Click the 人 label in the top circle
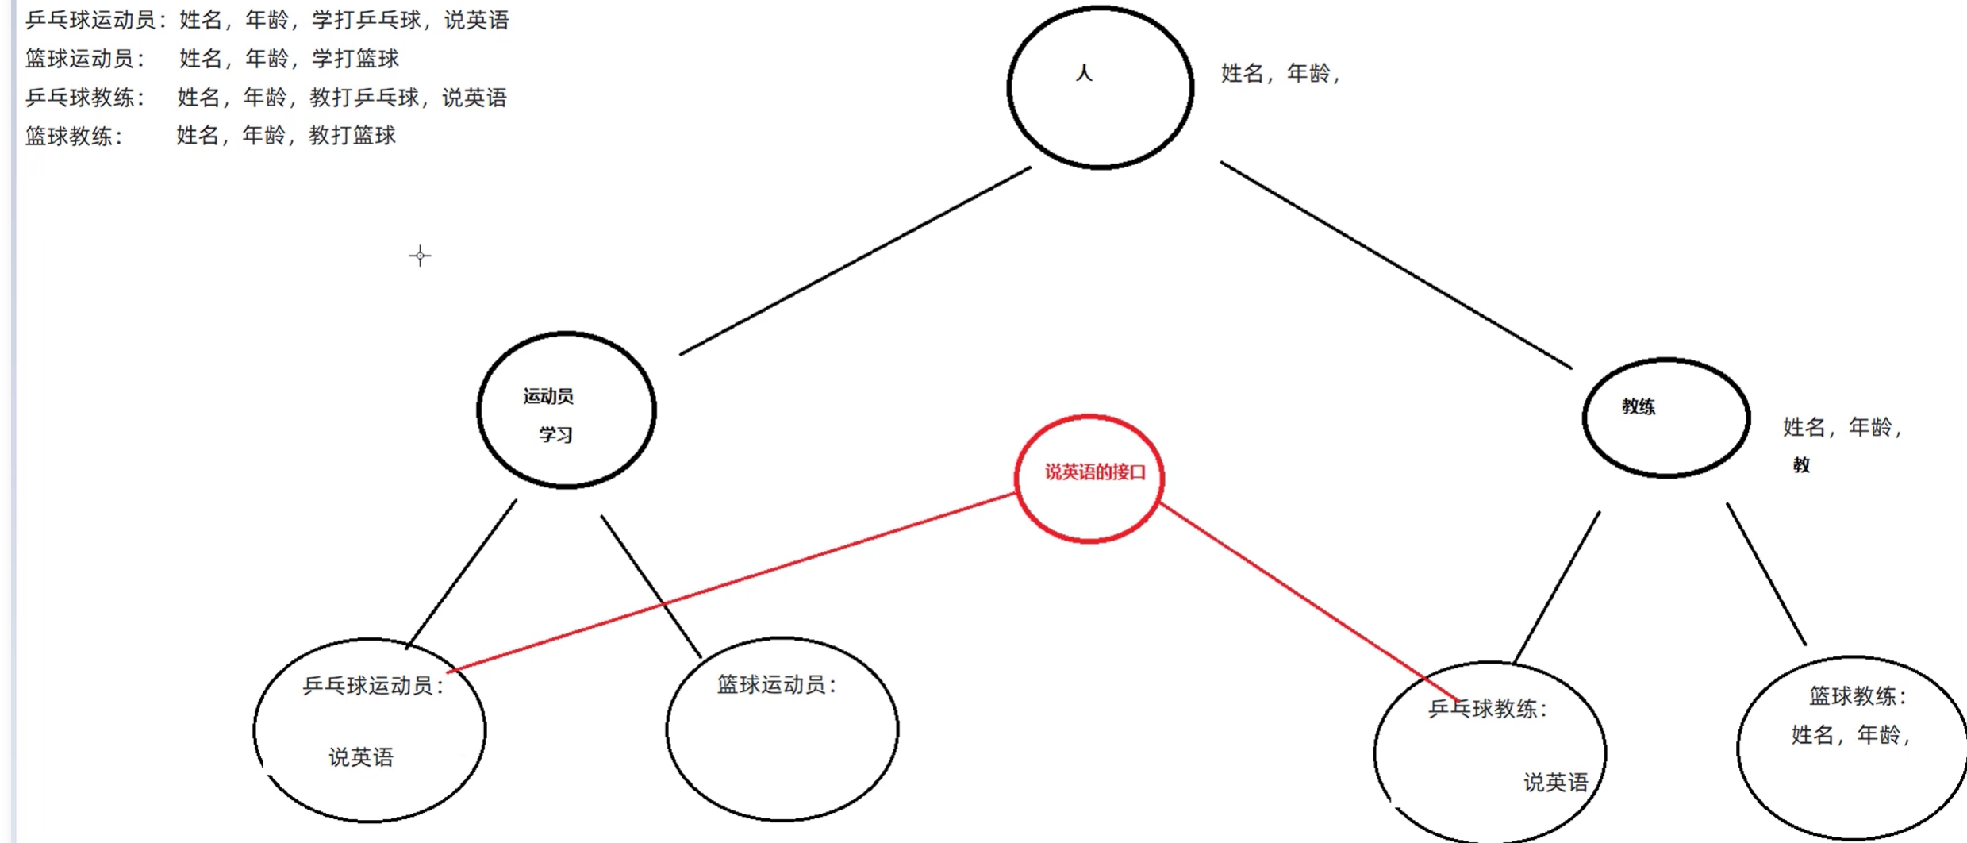coord(1084,74)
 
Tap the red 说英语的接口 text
coord(1095,473)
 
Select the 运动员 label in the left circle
coord(548,396)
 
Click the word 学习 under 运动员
coord(555,435)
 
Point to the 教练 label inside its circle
coord(1639,406)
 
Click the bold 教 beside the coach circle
coord(1801,465)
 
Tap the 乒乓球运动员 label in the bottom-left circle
coord(370,686)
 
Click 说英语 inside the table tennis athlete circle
coord(361,757)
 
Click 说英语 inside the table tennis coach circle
coord(1555,783)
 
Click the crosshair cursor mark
coord(420,256)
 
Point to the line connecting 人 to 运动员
coord(855,260)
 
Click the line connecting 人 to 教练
coord(1396,265)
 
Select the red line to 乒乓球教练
coord(1309,603)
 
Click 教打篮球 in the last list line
coord(352,136)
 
